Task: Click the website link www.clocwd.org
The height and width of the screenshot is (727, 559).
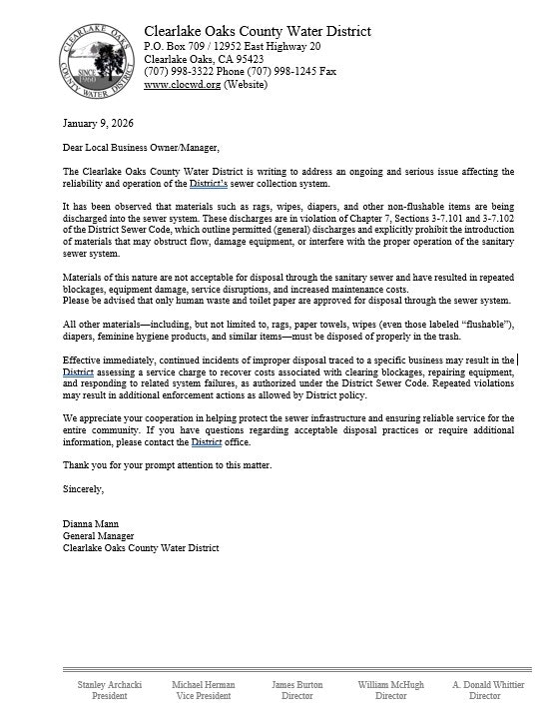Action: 181,85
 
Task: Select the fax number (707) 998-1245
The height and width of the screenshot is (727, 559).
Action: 253,72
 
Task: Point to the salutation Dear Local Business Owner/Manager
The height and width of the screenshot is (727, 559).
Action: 140,148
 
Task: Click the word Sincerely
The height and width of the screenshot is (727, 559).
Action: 83,489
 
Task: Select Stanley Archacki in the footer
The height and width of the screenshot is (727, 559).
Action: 110,685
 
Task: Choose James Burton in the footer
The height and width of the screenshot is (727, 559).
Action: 297,685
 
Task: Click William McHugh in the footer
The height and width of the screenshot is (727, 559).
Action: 390,685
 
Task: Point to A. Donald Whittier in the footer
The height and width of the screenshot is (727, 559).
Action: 487,685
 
